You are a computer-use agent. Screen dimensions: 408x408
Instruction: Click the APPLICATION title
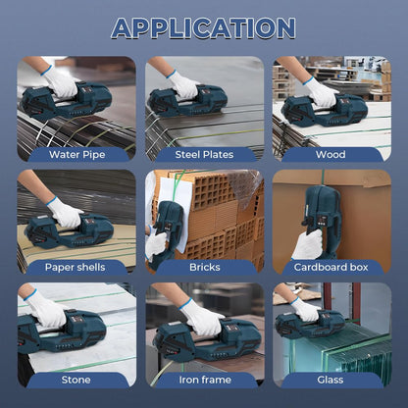[203, 28]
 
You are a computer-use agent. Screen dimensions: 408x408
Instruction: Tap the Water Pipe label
[77, 154]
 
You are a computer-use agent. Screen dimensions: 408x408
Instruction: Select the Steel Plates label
[204, 154]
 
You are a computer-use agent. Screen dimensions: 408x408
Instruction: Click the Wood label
[331, 154]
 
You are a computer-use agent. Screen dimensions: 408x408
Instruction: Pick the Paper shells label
[76, 267]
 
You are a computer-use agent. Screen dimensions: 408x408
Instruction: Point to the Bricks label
[205, 267]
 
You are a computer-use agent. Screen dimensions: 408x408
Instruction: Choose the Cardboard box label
[331, 267]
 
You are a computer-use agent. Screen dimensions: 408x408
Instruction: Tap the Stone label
[76, 380]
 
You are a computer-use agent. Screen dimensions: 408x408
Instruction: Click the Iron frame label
[205, 380]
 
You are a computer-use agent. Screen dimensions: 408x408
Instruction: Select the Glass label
[331, 380]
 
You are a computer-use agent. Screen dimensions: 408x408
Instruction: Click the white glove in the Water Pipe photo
[60, 81]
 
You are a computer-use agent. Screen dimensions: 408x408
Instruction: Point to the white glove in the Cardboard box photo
[307, 245]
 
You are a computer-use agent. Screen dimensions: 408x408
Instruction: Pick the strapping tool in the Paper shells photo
[70, 230]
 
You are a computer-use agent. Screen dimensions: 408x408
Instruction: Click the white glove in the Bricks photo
[156, 243]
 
